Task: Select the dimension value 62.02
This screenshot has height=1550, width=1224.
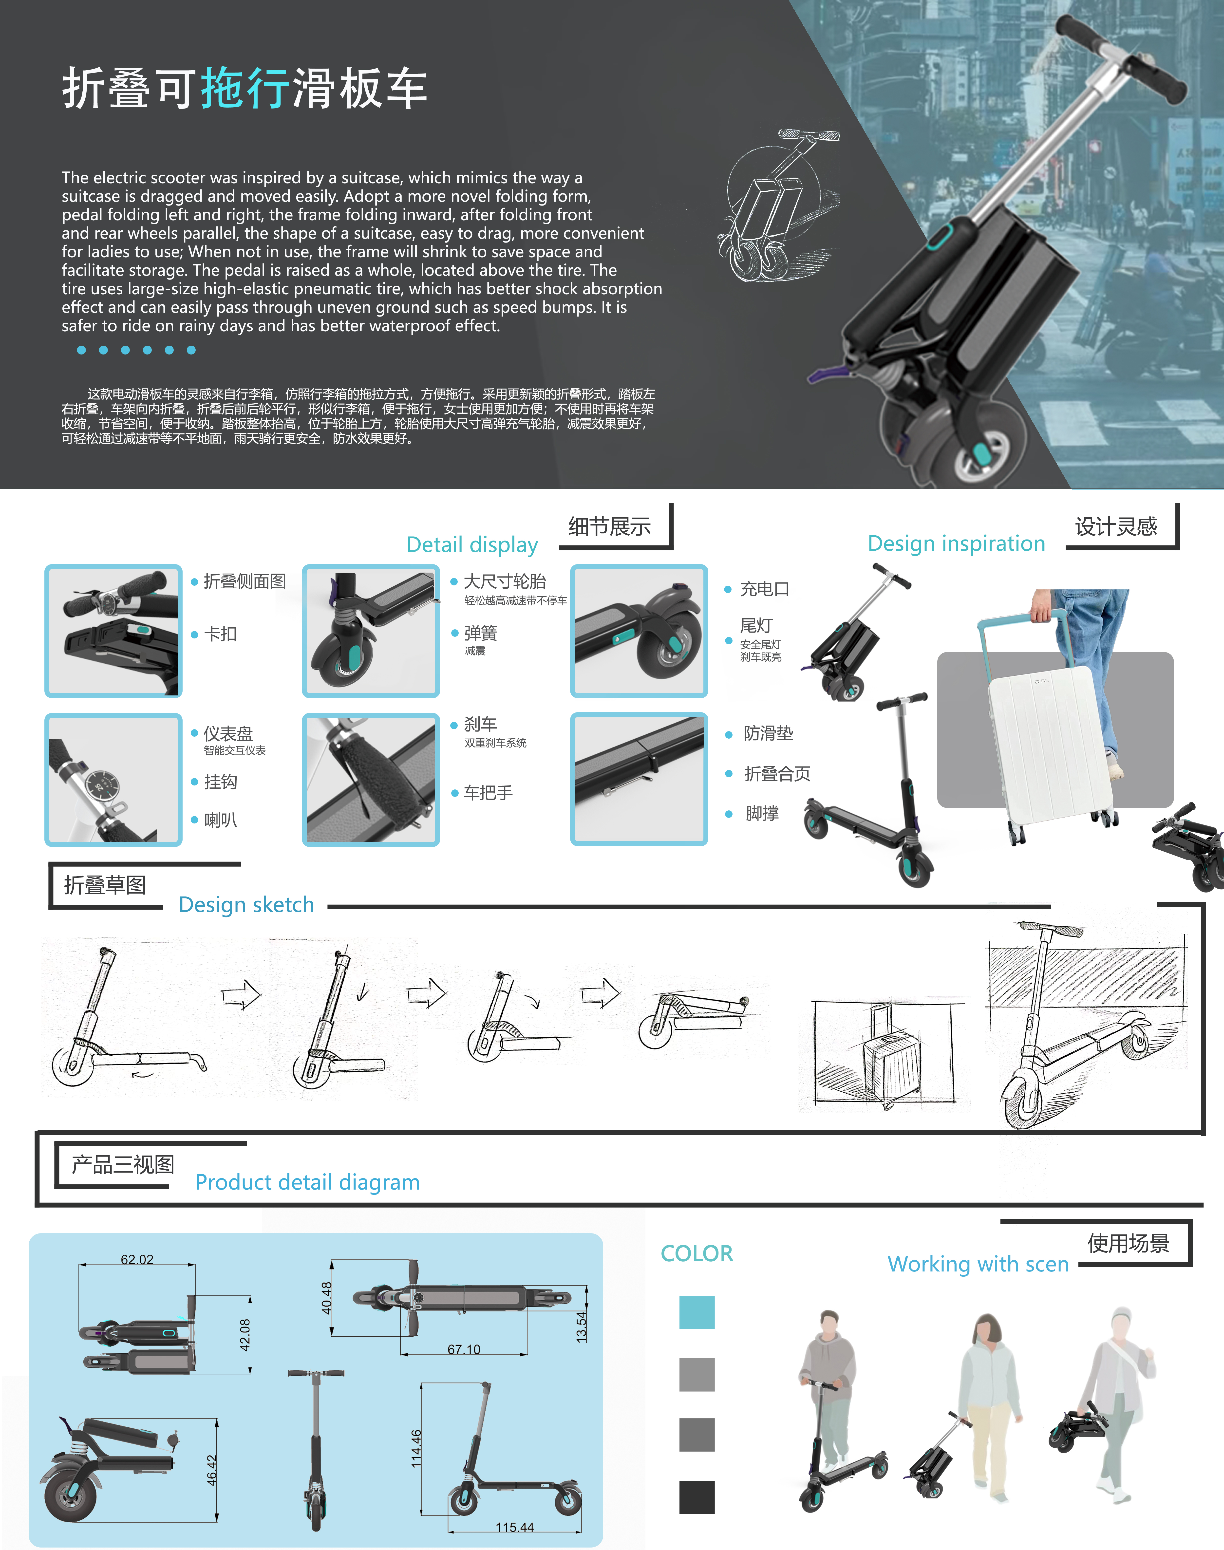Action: point(137,1259)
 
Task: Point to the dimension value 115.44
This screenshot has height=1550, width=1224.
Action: point(514,1527)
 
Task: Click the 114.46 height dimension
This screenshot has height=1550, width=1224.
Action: point(416,1448)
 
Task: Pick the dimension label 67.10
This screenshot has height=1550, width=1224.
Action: point(464,1349)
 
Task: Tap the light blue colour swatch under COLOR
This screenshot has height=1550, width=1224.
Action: point(697,1312)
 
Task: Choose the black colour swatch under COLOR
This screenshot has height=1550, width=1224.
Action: point(697,1497)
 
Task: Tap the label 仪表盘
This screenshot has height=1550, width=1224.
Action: point(228,733)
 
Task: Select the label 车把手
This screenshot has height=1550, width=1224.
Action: point(488,793)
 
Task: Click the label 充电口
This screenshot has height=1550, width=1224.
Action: point(765,589)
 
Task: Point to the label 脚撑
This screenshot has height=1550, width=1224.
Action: point(762,813)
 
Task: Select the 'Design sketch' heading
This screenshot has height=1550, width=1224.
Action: point(246,904)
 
